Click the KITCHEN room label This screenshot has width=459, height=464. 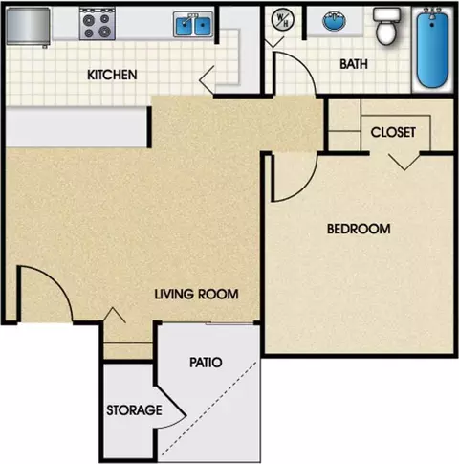coord(112,75)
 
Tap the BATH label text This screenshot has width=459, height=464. coord(354,64)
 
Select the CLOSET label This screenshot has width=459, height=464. coord(393,132)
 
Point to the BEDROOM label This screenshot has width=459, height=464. coord(359,229)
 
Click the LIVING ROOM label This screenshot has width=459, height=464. coord(196,294)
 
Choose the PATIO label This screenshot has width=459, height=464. coord(206,363)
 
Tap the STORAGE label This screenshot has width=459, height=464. coord(134,410)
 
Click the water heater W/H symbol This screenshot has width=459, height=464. coord(282,19)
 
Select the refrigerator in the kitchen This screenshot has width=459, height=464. coord(28,27)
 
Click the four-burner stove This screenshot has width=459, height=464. coord(98,24)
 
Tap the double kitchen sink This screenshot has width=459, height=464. coord(193,24)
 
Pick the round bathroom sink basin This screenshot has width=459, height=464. coord(335,21)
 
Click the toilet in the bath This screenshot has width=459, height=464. coord(386,26)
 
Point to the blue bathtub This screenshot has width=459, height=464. coord(432,48)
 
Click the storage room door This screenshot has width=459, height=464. coord(172,405)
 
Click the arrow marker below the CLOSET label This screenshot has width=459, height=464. coord(404,162)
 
